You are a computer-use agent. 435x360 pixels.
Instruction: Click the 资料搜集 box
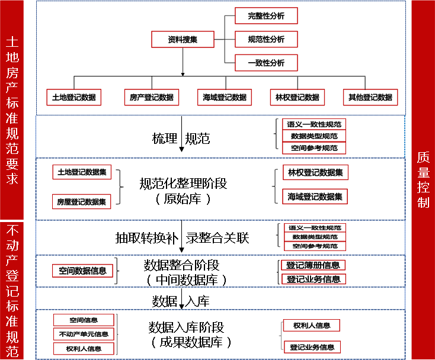point(182,40)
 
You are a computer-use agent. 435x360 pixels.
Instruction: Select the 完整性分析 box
point(266,16)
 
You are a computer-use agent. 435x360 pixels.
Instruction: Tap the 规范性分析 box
point(266,40)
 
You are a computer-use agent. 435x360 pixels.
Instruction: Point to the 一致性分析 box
point(266,63)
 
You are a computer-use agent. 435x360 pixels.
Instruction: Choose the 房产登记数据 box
point(152,97)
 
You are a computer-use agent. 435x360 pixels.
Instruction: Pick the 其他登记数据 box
point(370,97)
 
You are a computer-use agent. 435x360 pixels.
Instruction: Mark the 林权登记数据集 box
point(315,172)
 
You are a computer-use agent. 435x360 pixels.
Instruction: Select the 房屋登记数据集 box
point(82,202)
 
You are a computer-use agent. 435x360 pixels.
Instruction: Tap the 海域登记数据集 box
point(315,196)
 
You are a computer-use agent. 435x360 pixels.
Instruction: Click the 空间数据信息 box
point(83,271)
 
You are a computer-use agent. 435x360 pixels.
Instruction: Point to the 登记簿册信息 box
point(313,265)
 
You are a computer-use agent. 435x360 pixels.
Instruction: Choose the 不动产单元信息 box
point(84,335)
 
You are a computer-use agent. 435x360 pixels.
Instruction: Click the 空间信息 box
point(84,320)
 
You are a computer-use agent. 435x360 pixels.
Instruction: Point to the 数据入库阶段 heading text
point(186,327)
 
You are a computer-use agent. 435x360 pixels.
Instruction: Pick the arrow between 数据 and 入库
point(182,300)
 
